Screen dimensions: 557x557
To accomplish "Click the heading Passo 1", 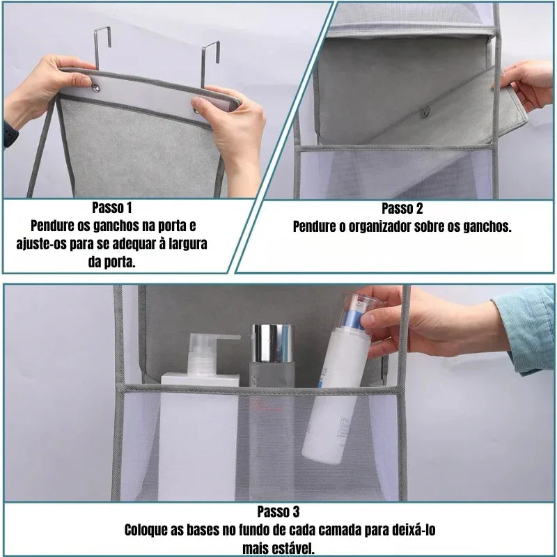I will pos(111,208).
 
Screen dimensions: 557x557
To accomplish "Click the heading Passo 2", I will pos(402,208).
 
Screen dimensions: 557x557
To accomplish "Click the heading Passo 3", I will pos(278,512).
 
